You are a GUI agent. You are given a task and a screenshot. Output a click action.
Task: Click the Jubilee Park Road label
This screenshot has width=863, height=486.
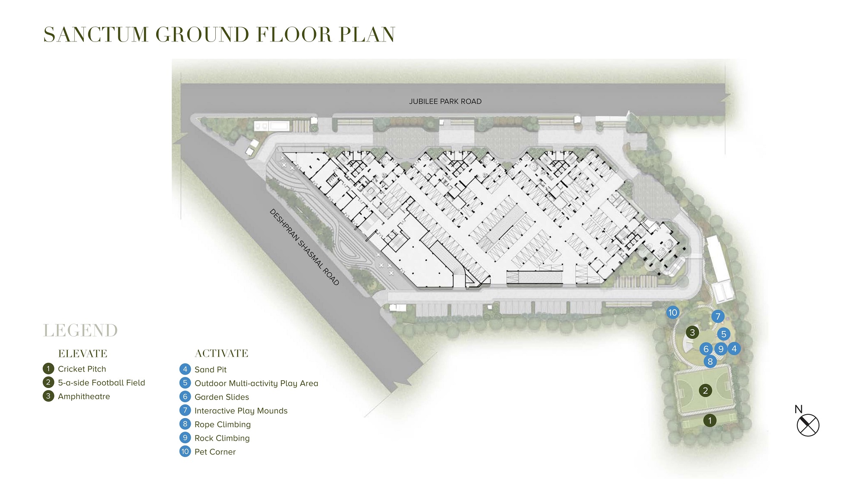coord(445,102)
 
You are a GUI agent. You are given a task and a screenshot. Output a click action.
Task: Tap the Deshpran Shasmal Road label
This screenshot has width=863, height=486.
coord(304,247)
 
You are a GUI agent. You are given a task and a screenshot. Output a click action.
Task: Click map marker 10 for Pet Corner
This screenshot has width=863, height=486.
coord(673,312)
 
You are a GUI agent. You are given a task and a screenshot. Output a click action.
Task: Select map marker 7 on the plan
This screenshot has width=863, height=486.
coord(718,316)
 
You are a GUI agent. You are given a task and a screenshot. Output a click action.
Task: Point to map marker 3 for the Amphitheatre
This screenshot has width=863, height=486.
coord(693,332)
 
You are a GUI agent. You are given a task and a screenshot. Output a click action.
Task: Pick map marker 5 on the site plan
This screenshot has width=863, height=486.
coord(724,334)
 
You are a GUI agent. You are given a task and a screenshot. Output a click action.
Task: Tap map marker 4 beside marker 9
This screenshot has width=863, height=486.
coord(734,348)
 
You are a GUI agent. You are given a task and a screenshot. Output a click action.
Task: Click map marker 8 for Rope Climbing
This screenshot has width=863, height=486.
coord(710,362)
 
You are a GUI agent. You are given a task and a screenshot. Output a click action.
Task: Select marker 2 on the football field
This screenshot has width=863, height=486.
coord(706,391)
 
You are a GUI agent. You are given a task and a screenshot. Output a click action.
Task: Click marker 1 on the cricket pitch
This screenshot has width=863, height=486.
coord(710,420)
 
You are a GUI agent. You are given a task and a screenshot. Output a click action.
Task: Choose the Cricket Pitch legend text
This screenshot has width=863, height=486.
coord(82,369)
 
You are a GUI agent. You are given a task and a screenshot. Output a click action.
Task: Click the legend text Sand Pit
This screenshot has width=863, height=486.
coord(211,369)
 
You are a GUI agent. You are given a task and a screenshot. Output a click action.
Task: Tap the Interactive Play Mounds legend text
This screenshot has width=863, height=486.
coord(241,411)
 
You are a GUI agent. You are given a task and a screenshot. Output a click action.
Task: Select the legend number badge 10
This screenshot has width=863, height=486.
coord(185,451)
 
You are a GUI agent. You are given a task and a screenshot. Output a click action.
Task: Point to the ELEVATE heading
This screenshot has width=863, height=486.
coord(83,354)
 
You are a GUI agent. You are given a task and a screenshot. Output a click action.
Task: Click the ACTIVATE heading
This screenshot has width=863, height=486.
coord(221,353)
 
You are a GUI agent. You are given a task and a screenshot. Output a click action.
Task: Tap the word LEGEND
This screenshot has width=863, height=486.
coord(81,330)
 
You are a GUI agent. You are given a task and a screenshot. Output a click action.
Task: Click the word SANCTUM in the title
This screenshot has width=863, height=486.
coord(96,35)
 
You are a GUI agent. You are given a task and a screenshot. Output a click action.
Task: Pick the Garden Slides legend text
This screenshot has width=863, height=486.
coord(222,397)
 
